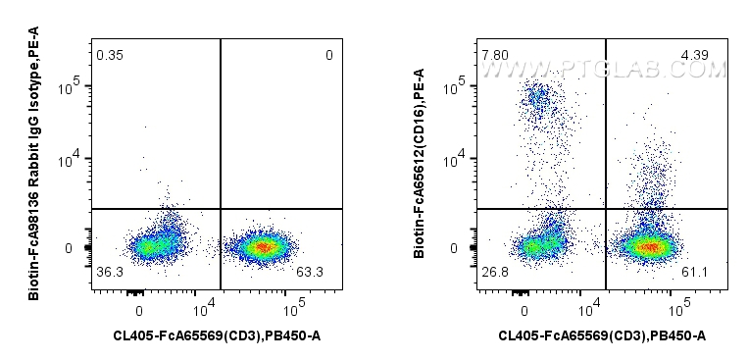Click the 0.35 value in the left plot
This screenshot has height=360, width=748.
pyautogui.click(x=109, y=55)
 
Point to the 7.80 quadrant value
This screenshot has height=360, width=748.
pyautogui.click(x=495, y=55)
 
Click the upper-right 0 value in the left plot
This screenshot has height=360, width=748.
pyautogui.click(x=329, y=55)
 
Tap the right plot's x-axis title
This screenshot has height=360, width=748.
pyautogui.click(x=603, y=336)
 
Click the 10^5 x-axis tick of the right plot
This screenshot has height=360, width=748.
pyautogui.click(x=677, y=311)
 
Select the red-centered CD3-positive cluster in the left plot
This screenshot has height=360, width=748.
pyautogui.click(x=262, y=247)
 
